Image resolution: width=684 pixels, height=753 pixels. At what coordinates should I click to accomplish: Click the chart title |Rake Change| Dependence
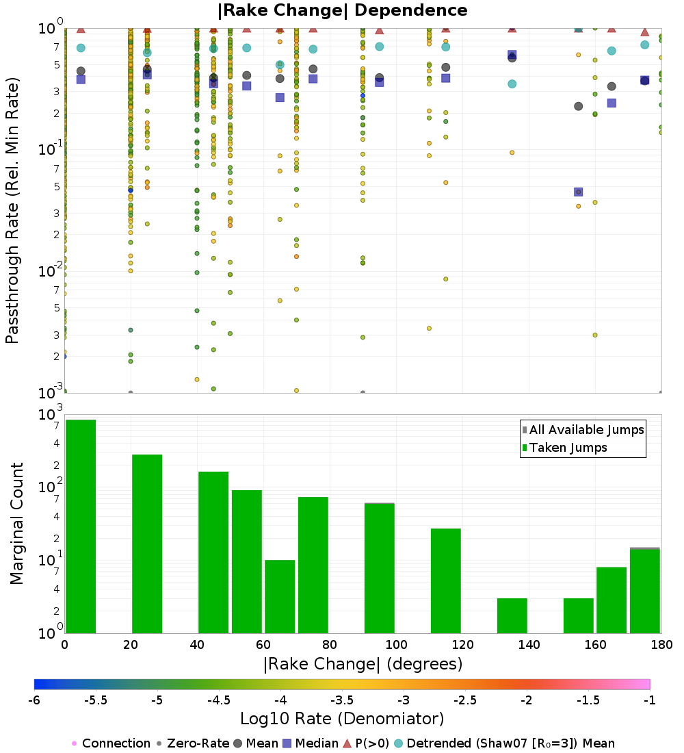342,10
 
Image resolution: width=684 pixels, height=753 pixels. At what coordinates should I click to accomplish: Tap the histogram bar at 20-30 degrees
147,544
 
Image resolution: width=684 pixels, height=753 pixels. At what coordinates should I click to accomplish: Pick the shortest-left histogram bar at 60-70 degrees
280,596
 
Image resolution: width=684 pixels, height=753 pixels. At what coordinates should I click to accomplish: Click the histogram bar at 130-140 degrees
512,615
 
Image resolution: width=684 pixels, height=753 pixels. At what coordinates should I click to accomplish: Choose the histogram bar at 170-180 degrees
644,591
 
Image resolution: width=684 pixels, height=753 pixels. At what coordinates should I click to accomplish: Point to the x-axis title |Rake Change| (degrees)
363,664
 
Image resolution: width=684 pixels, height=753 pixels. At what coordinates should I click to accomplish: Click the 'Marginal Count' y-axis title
16,524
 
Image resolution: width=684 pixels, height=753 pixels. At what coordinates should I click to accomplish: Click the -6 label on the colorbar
34,700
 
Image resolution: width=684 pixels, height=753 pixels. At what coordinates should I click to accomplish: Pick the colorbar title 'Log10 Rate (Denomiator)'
342,719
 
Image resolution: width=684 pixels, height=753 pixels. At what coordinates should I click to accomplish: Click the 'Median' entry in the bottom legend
312,743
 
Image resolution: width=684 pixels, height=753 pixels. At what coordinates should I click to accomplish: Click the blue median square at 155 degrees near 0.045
578,192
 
